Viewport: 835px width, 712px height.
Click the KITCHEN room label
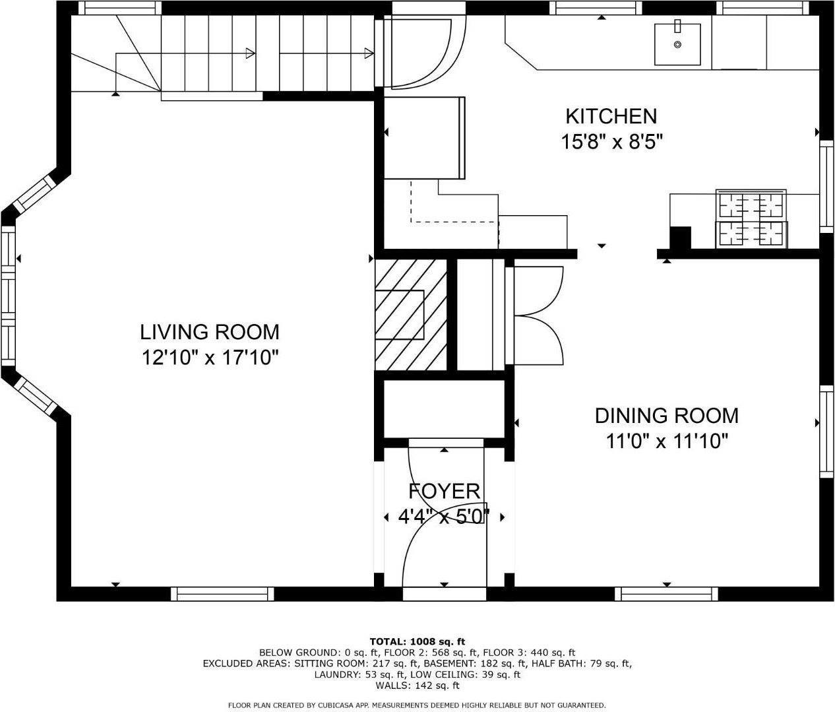point(611,116)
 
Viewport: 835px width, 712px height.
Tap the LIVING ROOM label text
point(209,331)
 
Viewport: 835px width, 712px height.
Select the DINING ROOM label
point(666,415)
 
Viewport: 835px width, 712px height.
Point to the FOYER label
point(444,491)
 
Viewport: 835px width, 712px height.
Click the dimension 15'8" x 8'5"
point(611,142)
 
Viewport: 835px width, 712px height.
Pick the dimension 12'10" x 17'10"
point(210,358)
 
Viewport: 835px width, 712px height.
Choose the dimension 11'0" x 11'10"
point(666,441)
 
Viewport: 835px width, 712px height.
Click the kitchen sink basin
point(677,44)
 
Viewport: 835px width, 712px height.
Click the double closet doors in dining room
point(538,315)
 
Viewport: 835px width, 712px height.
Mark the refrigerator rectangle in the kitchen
point(424,137)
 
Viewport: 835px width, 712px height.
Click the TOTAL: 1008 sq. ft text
point(417,641)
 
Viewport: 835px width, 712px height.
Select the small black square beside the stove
point(679,238)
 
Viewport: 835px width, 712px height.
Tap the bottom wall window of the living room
point(222,594)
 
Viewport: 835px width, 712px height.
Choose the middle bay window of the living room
point(8,296)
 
